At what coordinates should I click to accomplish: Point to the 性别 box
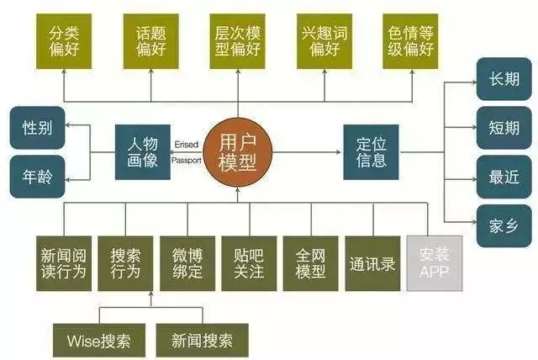click(x=38, y=129)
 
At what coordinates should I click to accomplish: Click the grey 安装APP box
click(x=434, y=262)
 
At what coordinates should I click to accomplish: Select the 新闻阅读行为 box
click(x=62, y=262)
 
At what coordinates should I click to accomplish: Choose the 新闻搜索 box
click(x=202, y=340)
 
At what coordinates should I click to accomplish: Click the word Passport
click(x=187, y=159)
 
